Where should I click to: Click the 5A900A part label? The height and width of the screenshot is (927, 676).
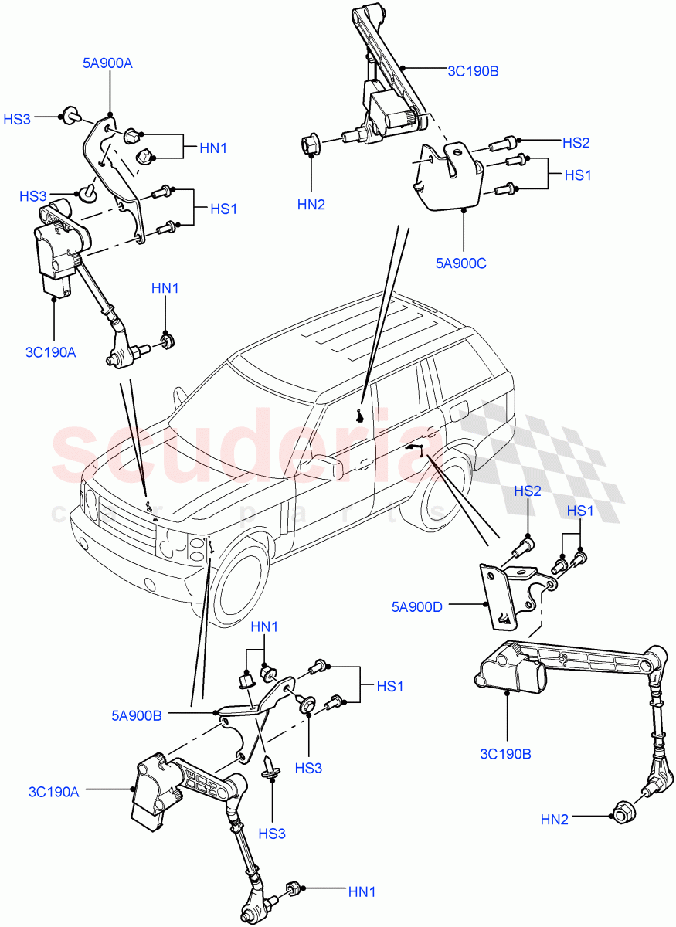coord(107,63)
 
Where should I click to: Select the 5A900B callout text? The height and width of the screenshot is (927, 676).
coord(136,715)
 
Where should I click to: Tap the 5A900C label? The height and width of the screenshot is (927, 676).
coord(460,263)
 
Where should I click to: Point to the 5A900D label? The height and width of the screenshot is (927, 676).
coord(416,606)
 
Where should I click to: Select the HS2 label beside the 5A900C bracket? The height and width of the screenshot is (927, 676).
coord(576,142)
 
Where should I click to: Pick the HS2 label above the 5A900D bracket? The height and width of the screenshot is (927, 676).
coord(528,491)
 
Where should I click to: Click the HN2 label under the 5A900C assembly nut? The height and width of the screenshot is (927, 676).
coord(311,204)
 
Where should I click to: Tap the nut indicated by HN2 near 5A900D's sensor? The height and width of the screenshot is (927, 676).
coord(623,812)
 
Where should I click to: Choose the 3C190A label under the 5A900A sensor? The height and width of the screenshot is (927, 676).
coord(50,352)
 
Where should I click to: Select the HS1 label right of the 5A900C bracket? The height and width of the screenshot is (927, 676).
coord(577,175)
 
